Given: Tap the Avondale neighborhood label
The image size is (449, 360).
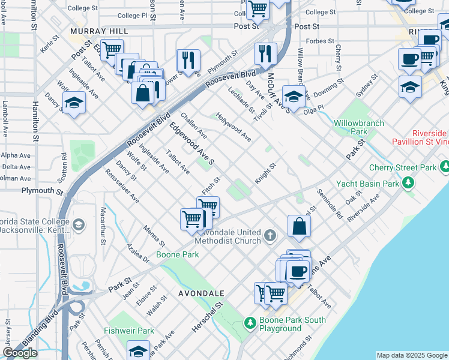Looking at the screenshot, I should click(201, 293).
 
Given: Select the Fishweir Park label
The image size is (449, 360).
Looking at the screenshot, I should click(129, 331).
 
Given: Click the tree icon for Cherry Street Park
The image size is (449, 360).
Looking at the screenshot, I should click(444, 166).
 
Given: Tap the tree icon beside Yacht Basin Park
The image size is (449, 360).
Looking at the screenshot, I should click(408, 181).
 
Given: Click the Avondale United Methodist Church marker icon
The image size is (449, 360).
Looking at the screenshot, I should click(270, 235).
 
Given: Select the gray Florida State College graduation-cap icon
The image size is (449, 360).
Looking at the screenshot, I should click(78, 225).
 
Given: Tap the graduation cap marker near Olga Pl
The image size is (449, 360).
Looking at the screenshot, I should click(293, 95).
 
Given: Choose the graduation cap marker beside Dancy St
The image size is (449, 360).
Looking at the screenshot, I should click(74, 101).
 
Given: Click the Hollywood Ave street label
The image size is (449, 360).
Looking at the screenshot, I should click(234, 127).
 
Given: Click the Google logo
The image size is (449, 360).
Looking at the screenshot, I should click(20, 353).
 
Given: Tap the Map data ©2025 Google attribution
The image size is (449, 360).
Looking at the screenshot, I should click(412, 355).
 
